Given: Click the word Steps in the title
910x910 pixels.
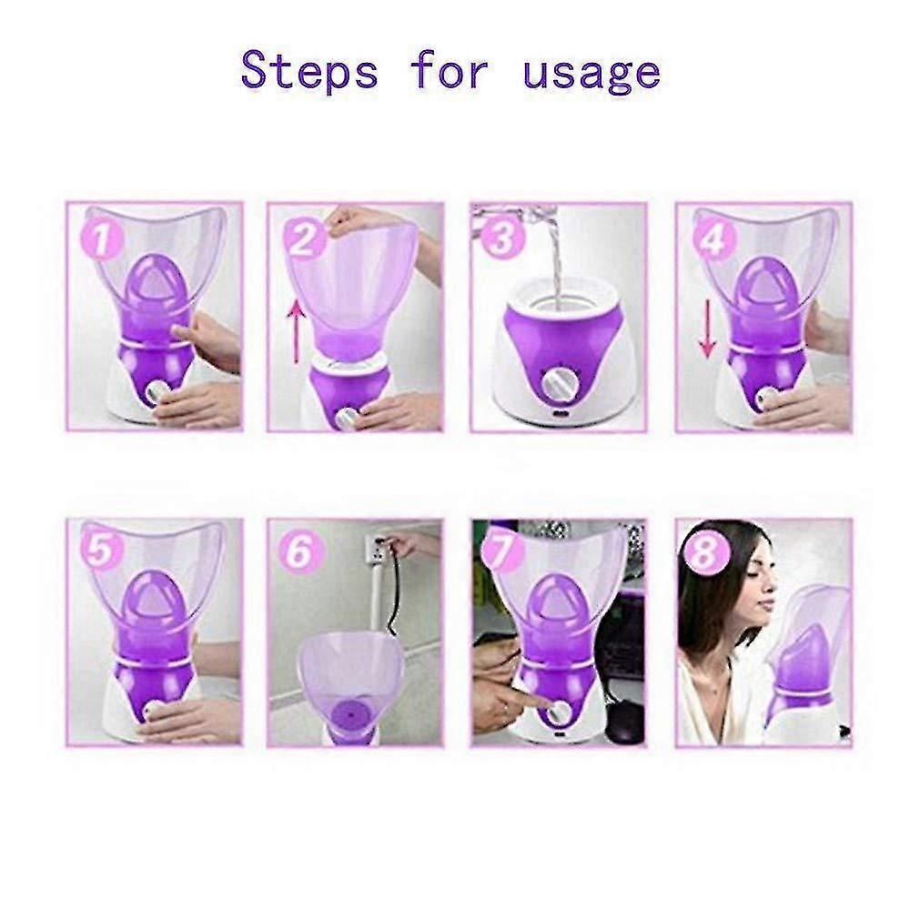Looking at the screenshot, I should (309, 70).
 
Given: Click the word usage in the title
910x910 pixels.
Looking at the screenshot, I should (591, 70).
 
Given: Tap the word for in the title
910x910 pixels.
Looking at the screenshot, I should (451, 70).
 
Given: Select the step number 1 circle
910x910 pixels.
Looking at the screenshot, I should (106, 243).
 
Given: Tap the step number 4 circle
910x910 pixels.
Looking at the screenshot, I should (714, 241).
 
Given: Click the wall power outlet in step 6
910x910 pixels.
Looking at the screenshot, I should (376, 549).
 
